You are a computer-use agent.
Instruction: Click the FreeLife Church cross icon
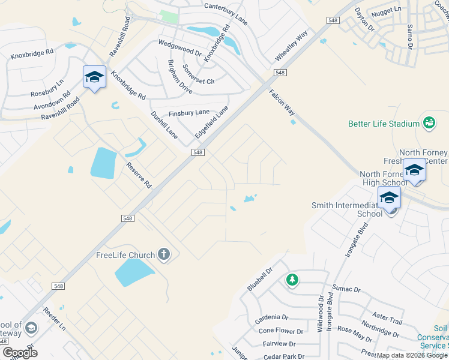tap(164, 255)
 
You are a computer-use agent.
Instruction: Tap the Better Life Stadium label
tap(384, 124)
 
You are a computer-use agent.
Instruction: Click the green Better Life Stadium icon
tap(429, 123)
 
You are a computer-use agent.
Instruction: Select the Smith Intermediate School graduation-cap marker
tap(389, 197)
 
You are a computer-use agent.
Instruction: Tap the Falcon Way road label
tap(282, 103)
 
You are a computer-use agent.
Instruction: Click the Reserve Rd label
tap(138, 175)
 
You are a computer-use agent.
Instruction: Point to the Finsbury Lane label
tap(189, 112)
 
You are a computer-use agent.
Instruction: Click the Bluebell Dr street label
tap(260, 280)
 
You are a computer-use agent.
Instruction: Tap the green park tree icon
tap(292, 279)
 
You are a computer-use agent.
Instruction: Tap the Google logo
tap(20, 353)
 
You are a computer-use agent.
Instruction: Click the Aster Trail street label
tap(387, 318)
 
